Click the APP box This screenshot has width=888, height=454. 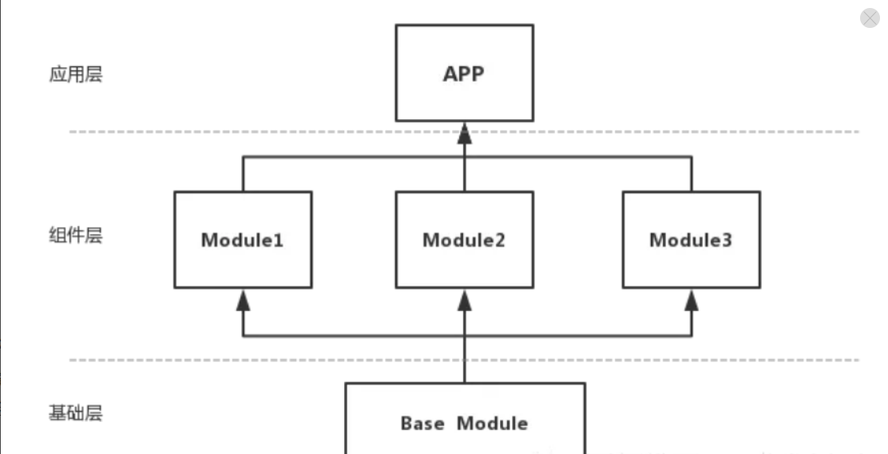tap(465, 73)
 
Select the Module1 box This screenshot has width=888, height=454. tap(243, 240)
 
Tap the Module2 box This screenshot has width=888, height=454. tap(465, 240)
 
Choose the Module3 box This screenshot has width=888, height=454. tap(692, 240)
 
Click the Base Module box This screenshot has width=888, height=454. tap(465, 418)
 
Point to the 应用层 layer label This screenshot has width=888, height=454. tap(76, 74)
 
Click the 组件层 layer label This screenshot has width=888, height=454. tap(76, 235)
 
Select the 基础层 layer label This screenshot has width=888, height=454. tap(76, 413)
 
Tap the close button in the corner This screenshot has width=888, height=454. tap(870, 18)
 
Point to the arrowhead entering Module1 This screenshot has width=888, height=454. tap(243, 300)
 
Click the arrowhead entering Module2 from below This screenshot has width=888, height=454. tap(465, 300)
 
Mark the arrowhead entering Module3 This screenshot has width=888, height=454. tap(692, 300)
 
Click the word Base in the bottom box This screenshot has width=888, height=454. tap(422, 424)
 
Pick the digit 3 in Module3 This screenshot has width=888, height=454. tap(726, 240)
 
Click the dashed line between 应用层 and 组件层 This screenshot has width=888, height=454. tap(465, 132)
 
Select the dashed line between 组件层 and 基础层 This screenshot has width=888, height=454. tap(465, 360)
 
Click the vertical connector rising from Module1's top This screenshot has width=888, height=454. tap(243, 174)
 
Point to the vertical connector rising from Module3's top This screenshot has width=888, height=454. tap(692, 174)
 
